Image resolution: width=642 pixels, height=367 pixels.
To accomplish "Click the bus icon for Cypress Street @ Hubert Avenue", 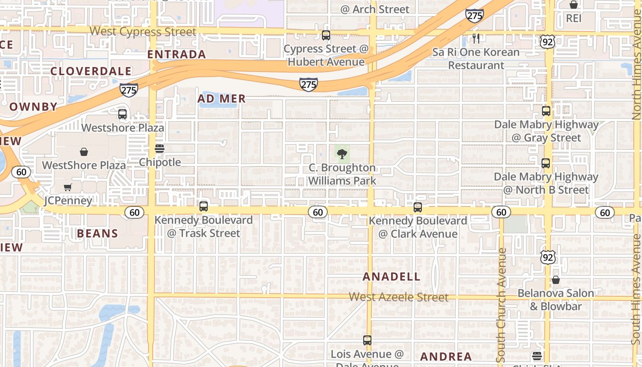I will (326, 35).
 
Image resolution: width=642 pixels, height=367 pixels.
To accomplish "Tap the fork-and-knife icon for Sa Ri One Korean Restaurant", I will (476, 39).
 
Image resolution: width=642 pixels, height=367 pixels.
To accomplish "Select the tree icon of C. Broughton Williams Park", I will (342, 154).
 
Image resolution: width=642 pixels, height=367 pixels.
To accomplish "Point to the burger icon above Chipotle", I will (160, 148).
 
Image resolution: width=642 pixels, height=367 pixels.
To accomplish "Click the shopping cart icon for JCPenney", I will (68, 187).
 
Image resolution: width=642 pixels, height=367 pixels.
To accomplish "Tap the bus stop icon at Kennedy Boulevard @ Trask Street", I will (204, 206).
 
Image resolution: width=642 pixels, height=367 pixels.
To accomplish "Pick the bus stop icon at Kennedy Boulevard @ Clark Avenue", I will (418, 207).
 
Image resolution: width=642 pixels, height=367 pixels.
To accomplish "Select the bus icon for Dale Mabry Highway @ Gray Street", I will (546, 111).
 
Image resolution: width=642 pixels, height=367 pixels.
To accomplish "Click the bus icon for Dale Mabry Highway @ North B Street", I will (546, 163).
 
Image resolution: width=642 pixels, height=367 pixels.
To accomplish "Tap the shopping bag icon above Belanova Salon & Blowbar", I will (556, 279).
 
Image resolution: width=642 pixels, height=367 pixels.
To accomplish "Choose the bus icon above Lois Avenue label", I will (367, 340).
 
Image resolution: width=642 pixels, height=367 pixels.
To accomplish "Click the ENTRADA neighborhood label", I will (177, 54).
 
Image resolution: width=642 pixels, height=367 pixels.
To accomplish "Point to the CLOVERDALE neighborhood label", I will (91, 71).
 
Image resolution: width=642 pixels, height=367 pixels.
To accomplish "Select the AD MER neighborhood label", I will (221, 99).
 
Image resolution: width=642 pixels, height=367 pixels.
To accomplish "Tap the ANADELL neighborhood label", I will (391, 277).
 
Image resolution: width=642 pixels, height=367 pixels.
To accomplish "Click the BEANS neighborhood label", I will (97, 234).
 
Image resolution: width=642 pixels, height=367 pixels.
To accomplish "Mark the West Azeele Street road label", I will (398, 297).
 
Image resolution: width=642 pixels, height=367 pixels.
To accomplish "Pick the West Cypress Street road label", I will (143, 32).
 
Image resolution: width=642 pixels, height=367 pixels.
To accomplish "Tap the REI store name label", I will (574, 18).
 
